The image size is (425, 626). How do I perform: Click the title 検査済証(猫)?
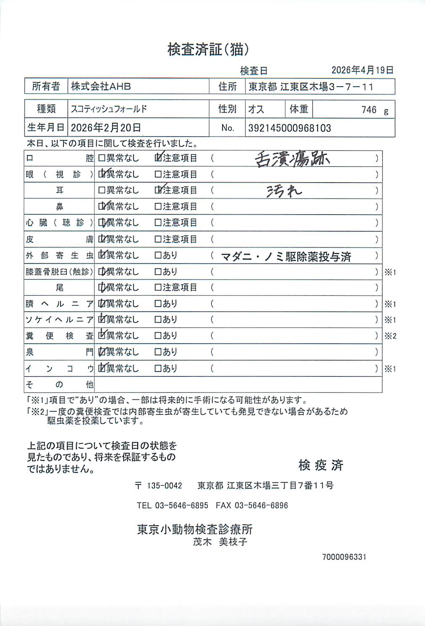tap(208, 50)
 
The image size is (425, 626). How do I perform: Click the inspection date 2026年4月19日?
tap(362, 70)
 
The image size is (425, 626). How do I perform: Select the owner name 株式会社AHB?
tap(101, 87)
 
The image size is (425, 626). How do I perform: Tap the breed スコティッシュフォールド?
tap(109, 109)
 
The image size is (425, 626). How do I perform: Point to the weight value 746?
tap(369, 110)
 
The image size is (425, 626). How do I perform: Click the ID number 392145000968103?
tap(290, 128)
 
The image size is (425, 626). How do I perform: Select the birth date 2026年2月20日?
tap(106, 128)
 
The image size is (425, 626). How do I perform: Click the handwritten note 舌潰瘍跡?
tap(292, 159)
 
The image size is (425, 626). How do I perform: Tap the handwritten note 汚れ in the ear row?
tap(284, 191)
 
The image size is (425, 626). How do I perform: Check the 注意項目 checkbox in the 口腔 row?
tap(158, 158)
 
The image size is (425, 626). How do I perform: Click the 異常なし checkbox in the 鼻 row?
tap(101, 207)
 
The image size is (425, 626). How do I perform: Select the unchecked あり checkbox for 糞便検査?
tap(158, 336)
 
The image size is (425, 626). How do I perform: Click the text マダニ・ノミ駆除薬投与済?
tap(286, 256)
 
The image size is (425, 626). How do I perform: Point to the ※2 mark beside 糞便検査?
tap(390, 336)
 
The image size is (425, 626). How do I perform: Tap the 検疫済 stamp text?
tap(321, 465)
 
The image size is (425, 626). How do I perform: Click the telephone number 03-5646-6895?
tap(181, 506)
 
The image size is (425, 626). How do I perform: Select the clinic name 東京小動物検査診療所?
tap(194, 529)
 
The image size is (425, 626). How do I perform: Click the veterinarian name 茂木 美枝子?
tap(220, 542)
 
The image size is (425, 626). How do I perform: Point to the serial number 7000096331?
tap(344, 557)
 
